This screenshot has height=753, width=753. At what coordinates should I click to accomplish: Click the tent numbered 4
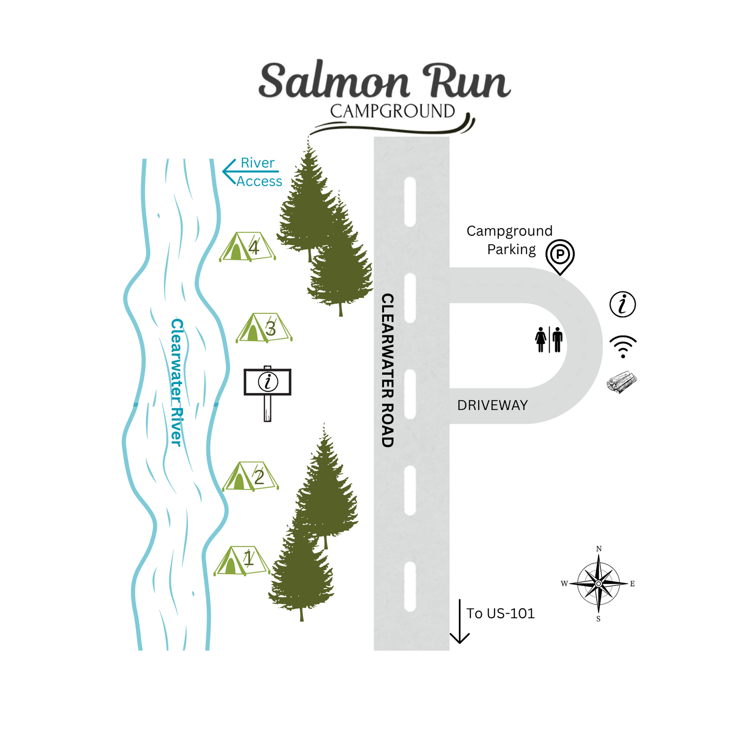248,247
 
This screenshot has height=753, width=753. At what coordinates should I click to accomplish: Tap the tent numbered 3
264,328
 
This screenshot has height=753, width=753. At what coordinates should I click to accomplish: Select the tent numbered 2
250,476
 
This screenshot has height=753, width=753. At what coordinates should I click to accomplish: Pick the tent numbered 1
242,561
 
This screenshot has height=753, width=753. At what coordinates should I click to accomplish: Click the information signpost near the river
267,393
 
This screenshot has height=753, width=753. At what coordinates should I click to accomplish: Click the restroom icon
549,339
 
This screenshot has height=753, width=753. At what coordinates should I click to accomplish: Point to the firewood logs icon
622,382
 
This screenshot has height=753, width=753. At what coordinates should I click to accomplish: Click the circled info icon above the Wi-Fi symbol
623,304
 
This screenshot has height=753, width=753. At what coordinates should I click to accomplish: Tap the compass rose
599,584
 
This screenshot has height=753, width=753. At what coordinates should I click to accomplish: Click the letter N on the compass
599,549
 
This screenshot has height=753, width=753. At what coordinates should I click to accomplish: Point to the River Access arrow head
230,172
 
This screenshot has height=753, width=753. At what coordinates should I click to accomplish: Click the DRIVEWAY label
492,405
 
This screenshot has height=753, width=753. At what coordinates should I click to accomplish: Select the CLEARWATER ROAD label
387,370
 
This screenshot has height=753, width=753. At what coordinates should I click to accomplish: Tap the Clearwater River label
176,382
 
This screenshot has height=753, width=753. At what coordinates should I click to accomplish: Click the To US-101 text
501,613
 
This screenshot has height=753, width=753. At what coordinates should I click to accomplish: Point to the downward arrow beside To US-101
460,621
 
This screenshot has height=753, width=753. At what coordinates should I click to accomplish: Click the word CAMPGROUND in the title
393,111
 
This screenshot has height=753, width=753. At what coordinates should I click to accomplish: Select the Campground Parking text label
510,240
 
